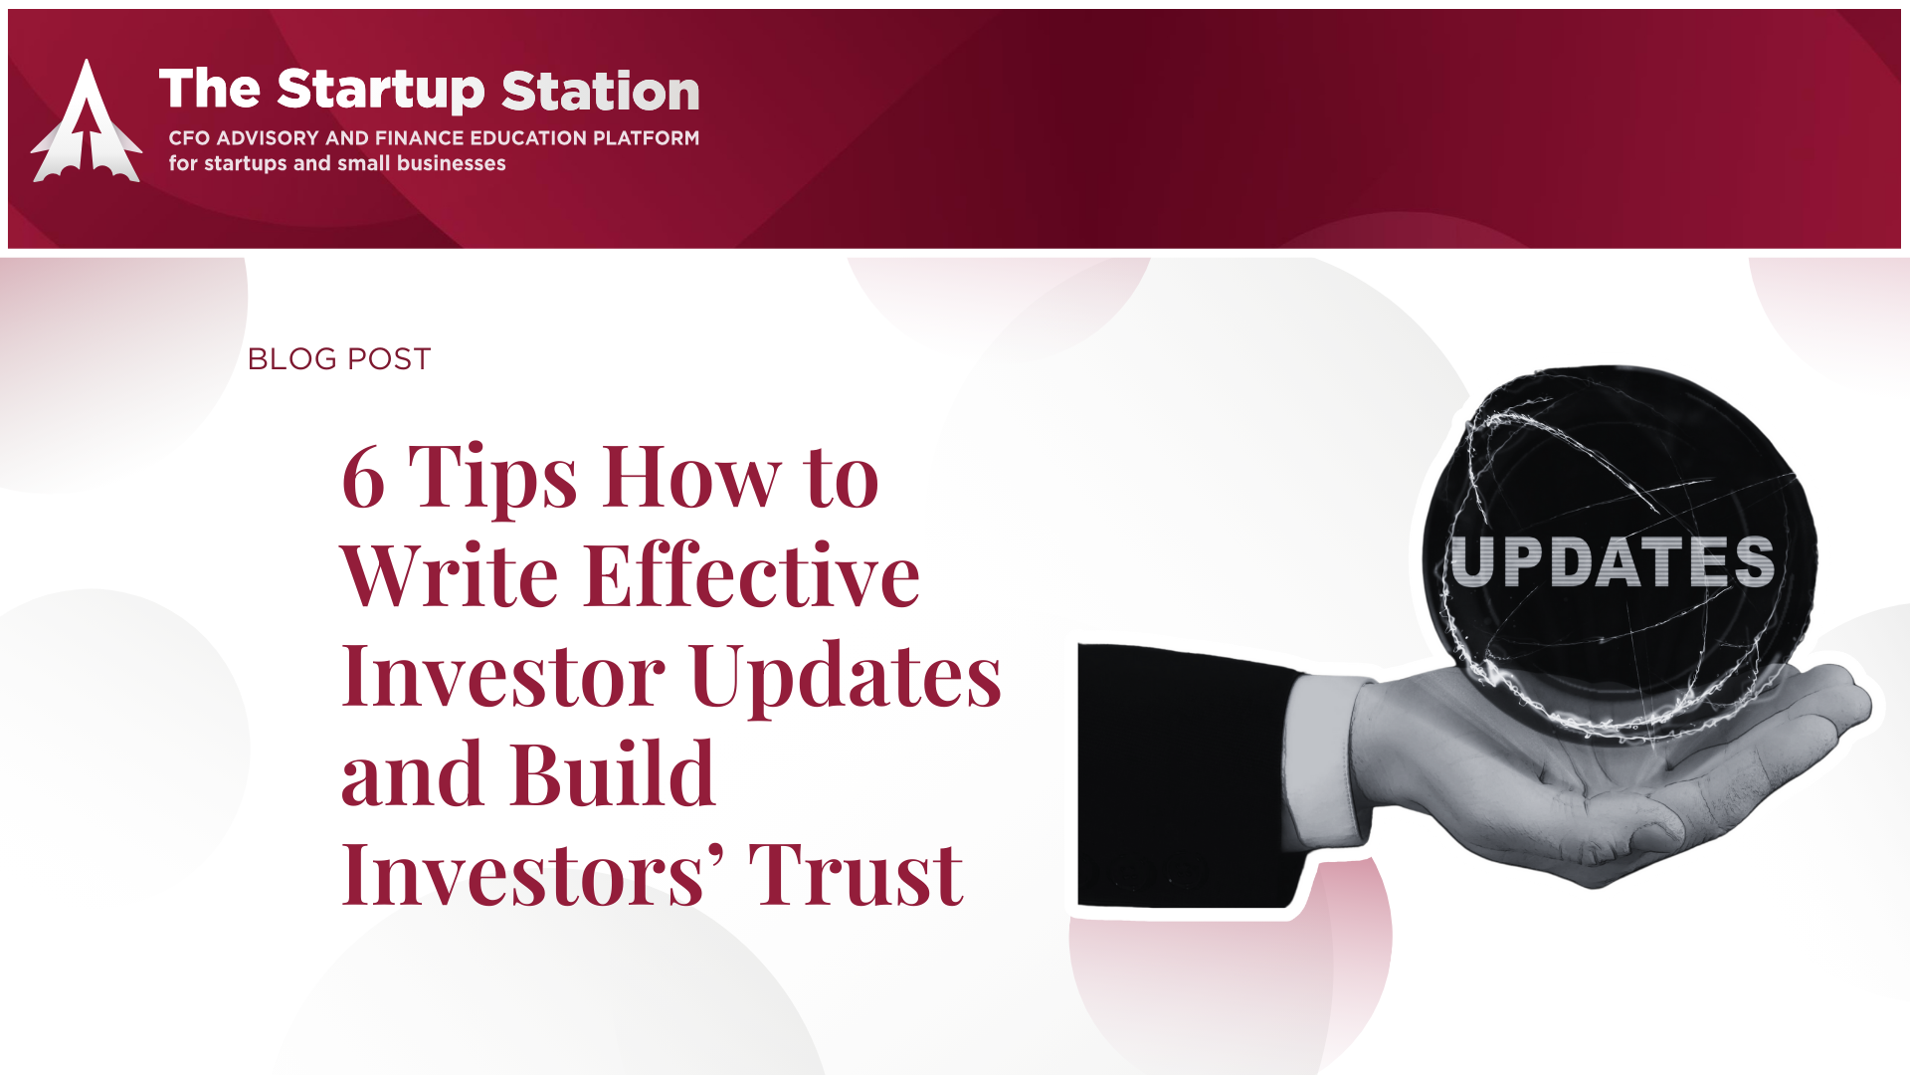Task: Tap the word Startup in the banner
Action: pyautogui.click(x=381, y=91)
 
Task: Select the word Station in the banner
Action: pyautogui.click(x=601, y=91)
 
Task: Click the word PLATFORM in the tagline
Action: pyautogui.click(x=646, y=137)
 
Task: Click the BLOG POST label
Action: pyautogui.click(x=339, y=358)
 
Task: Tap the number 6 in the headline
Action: pyautogui.click(x=363, y=477)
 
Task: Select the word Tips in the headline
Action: pyautogui.click(x=492, y=480)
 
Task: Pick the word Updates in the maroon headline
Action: pyautogui.click(x=846, y=678)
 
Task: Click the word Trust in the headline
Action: pyautogui.click(x=856, y=874)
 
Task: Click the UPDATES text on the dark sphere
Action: pyautogui.click(x=1613, y=561)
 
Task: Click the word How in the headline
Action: pyautogui.click(x=691, y=477)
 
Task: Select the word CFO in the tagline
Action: pyautogui.click(x=189, y=137)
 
